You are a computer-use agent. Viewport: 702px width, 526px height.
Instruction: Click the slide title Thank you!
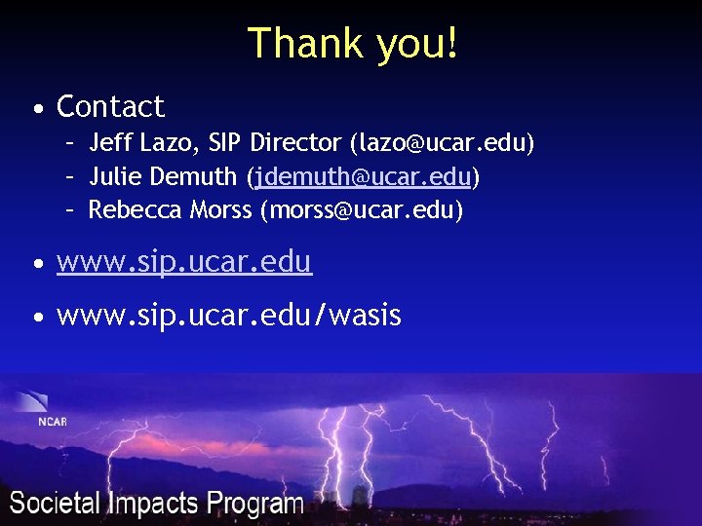click(352, 43)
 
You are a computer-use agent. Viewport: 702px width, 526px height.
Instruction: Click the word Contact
click(110, 106)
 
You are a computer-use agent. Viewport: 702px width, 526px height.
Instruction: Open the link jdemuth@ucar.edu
click(363, 177)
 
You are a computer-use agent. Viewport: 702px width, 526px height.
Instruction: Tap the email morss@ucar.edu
click(361, 209)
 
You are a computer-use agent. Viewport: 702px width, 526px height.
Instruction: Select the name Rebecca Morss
click(170, 209)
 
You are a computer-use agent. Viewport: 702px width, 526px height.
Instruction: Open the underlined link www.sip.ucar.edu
click(184, 261)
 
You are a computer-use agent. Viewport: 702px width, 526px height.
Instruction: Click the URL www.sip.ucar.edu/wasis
click(229, 316)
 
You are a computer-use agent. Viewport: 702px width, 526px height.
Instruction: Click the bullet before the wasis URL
click(36, 318)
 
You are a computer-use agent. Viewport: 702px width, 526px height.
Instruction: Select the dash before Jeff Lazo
click(71, 144)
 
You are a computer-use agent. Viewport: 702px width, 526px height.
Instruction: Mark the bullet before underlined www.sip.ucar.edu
click(36, 263)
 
